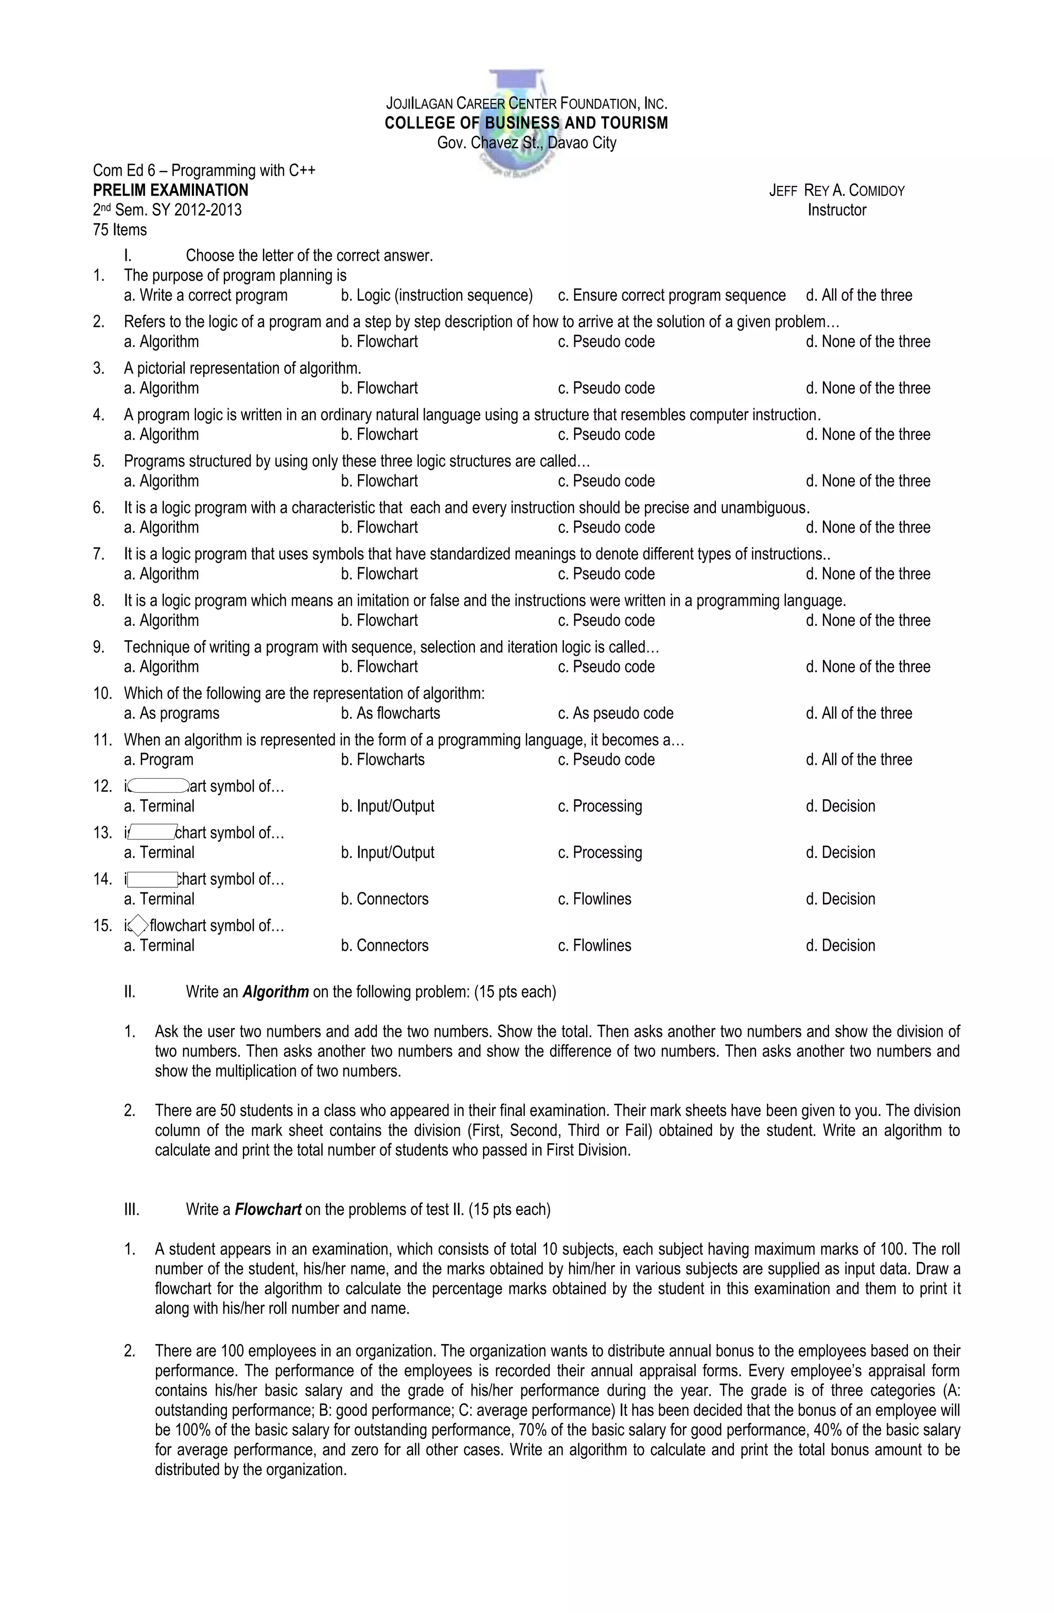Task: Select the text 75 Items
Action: [x=120, y=230]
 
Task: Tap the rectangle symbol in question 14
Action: [x=152, y=879]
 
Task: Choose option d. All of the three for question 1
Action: [x=858, y=296]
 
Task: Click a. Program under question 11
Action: [x=159, y=760]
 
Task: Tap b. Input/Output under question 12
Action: [x=387, y=806]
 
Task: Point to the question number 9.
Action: [x=99, y=647]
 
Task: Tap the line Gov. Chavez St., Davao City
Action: [x=526, y=143]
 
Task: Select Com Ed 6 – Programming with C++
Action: [x=204, y=171]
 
